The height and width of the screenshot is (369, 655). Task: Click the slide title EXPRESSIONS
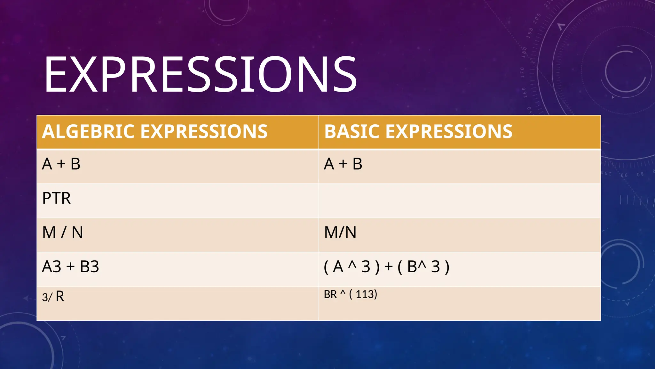[200, 74]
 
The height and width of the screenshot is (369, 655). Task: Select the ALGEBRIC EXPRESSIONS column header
[155, 132]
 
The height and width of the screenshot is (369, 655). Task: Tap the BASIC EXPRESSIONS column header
[418, 132]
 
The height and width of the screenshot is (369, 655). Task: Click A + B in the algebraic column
[61, 164]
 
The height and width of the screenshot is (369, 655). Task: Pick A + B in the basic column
[343, 164]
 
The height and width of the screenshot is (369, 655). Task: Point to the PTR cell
[57, 198]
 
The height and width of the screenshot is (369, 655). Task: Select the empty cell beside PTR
[460, 201]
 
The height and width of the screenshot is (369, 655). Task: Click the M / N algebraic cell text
[63, 232]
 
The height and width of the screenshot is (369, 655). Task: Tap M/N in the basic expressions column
[340, 232]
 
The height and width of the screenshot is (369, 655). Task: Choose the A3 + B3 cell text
[71, 266]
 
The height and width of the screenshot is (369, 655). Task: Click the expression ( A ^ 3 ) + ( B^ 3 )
[387, 266]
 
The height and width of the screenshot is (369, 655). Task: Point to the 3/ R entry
[53, 296]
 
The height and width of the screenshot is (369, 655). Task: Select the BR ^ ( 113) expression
[351, 294]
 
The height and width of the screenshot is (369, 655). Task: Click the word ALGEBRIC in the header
[88, 132]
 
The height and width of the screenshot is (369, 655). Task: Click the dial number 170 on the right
[523, 73]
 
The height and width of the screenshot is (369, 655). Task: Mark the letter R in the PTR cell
[66, 198]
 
